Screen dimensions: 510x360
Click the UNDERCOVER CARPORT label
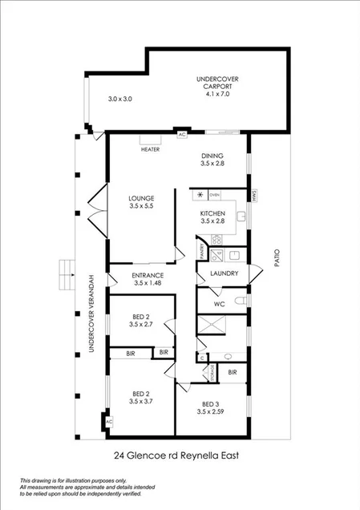click(216, 83)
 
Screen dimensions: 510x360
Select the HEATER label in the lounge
click(150, 150)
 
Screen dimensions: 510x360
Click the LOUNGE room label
click(141, 198)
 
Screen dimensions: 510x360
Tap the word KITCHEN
click(212, 213)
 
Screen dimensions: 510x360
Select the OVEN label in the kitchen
click(214, 195)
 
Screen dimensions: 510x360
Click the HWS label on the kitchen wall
click(253, 195)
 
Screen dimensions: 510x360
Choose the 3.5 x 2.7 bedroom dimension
click(141, 326)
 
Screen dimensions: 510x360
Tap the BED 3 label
click(211, 404)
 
